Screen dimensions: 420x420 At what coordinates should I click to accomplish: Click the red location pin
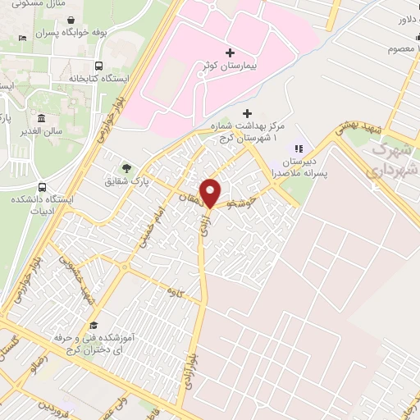point(211,192)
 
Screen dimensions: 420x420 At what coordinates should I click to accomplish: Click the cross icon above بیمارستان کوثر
point(231,52)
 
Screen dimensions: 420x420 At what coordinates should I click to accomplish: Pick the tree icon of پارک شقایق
point(127,167)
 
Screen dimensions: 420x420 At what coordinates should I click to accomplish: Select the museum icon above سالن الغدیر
point(41,117)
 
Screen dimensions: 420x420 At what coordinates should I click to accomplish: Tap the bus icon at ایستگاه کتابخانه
point(99,66)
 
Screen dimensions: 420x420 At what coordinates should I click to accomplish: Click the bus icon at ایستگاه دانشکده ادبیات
point(41,187)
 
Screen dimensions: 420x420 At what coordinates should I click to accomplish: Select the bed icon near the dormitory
point(22,38)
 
